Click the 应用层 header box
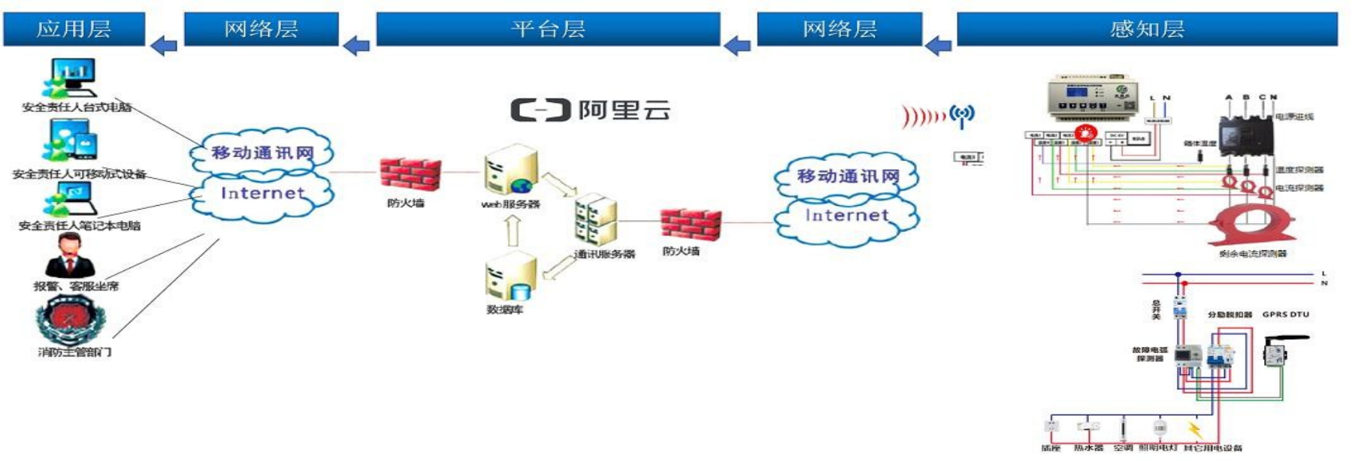click(74, 29)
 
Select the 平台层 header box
click(548, 29)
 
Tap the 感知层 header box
click(1147, 29)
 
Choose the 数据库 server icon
click(510, 278)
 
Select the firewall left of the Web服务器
click(409, 175)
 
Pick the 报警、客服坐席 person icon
click(70, 255)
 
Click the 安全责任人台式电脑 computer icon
click(71, 77)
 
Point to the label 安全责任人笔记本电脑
click(80, 225)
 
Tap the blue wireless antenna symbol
click(962, 115)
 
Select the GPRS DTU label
click(1285, 314)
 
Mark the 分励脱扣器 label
click(1230, 314)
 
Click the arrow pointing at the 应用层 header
click(164, 46)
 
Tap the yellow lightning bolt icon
click(1193, 430)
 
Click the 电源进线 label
click(1294, 116)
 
